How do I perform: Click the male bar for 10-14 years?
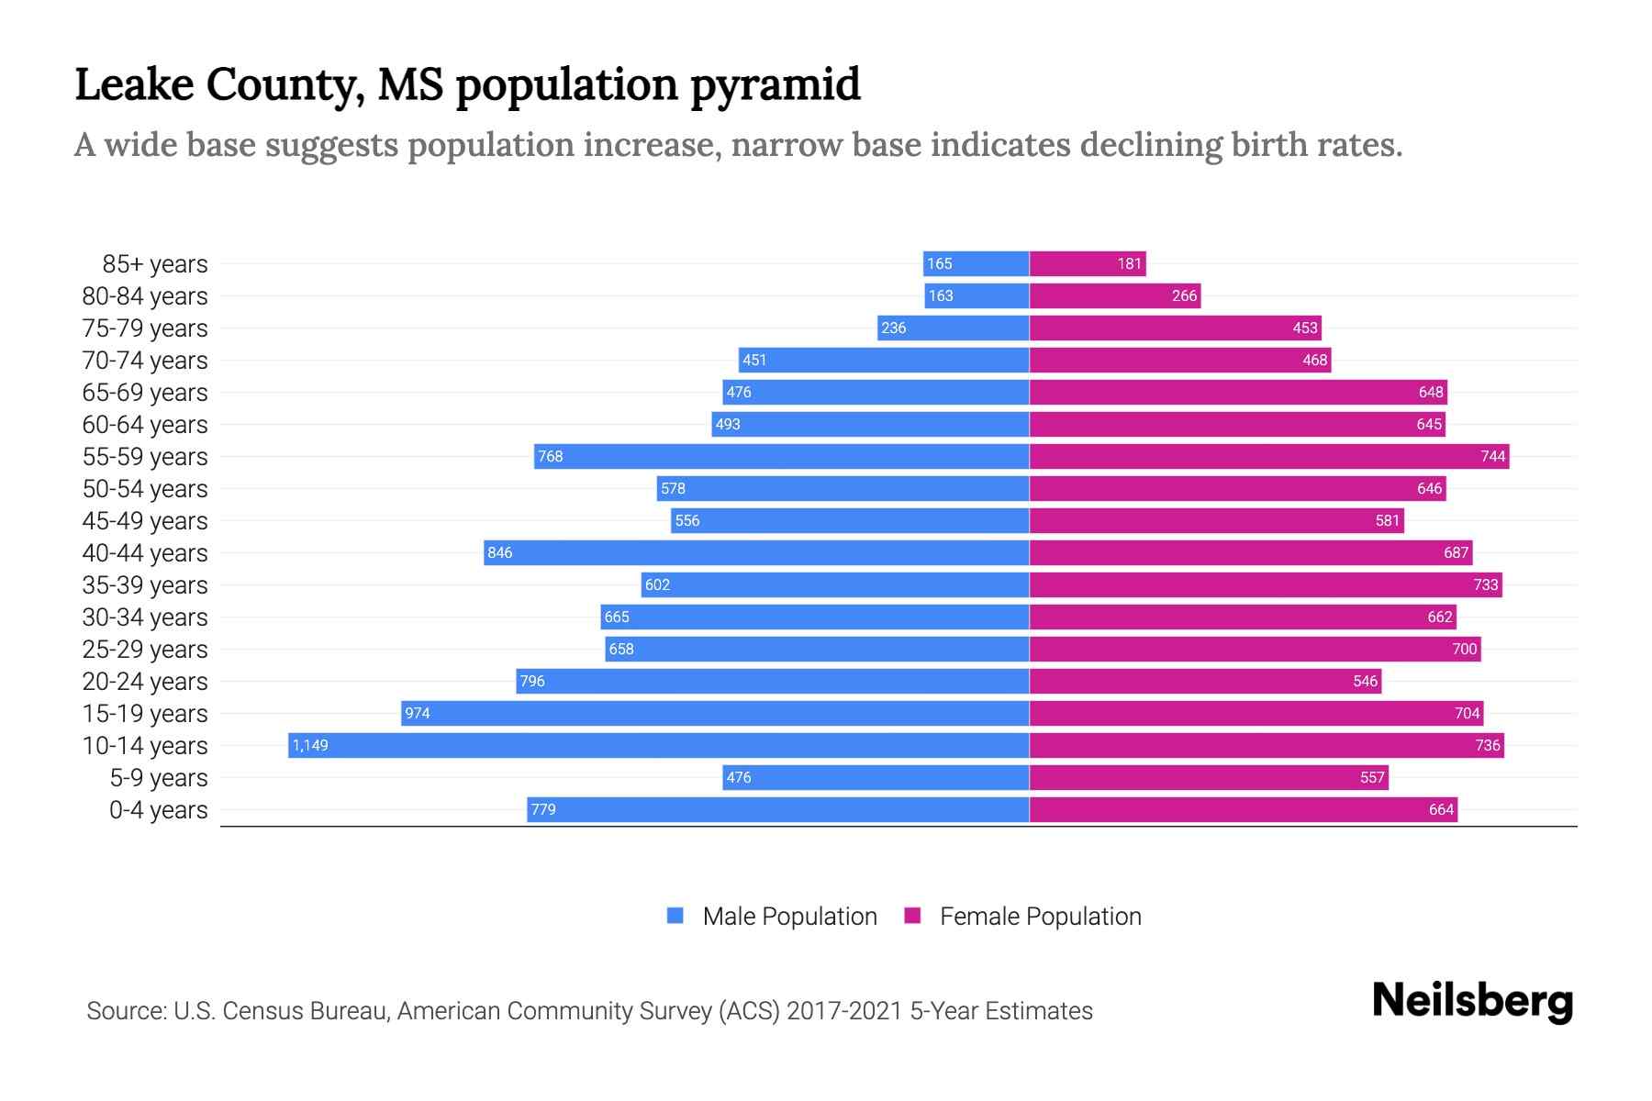pyautogui.click(x=659, y=745)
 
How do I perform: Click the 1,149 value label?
pyautogui.click(x=310, y=745)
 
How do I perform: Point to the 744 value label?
pyautogui.click(x=1492, y=456)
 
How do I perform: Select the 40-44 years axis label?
pyautogui.click(x=145, y=553)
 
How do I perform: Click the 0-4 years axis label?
pyautogui.click(x=158, y=810)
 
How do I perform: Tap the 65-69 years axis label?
pyautogui.click(x=145, y=393)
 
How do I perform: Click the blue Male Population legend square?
pyautogui.click(x=675, y=916)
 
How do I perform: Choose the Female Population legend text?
pyautogui.click(x=1040, y=917)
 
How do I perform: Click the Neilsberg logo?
pyautogui.click(x=1472, y=1001)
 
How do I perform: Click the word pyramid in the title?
pyautogui.click(x=776, y=84)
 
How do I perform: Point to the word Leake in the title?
pyautogui.click(x=134, y=84)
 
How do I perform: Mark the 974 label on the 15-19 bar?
pyautogui.click(x=418, y=713)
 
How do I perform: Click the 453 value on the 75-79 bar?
pyautogui.click(x=1304, y=328)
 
